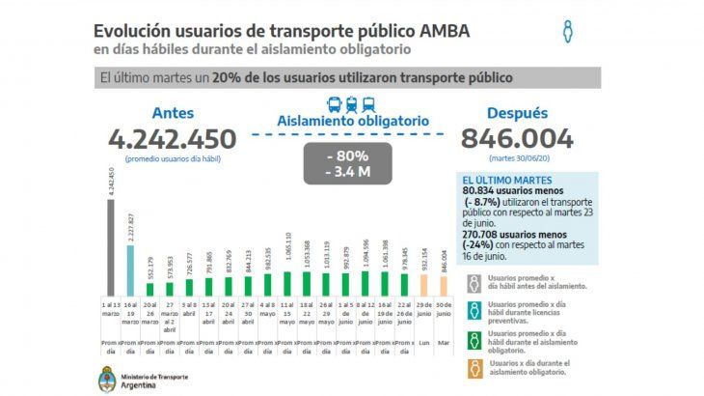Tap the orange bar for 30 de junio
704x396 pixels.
(x=444, y=287)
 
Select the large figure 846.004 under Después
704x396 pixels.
(x=517, y=138)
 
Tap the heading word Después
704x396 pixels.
(x=517, y=112)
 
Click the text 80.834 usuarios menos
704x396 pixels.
(x=517, y=192)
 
